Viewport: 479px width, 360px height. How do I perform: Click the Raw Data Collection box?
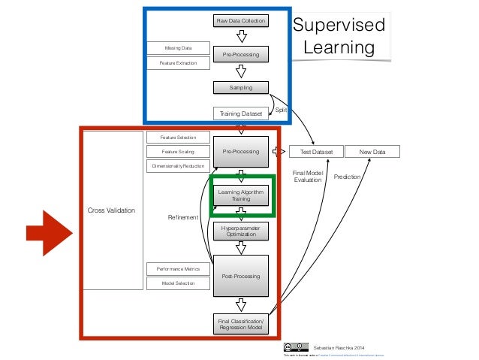pos(241,21)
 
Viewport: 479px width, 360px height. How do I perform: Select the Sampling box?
pos(241,88)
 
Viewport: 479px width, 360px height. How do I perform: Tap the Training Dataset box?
pos(241,113)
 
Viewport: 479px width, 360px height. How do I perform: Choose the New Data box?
pos(372,152)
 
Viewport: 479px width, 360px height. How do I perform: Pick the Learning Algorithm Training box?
pos(241,196)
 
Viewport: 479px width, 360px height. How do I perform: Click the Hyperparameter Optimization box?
pos(241,231)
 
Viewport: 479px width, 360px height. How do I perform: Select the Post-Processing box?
pos(241,276)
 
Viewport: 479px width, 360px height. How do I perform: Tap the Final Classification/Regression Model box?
pos(241,325)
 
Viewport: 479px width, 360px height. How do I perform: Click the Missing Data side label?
pos(177,48)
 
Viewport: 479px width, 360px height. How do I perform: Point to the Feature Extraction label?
pos(177,63)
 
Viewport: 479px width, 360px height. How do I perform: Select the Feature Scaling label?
pos(177,151)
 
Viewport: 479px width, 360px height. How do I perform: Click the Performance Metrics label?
pos(177,268)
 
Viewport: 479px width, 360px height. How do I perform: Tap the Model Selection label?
pos(177,283)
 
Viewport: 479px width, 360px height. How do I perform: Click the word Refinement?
pos(182,217)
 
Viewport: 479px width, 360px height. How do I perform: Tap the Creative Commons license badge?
pos(296,347)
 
